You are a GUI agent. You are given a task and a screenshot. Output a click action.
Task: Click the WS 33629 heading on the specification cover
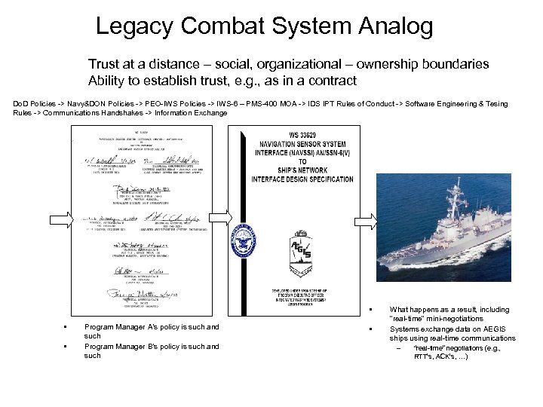301,133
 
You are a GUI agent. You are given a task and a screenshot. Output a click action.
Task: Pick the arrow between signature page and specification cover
221,218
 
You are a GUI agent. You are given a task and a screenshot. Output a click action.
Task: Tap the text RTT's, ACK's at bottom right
441,357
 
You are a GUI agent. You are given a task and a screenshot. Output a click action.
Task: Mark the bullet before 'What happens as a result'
373,310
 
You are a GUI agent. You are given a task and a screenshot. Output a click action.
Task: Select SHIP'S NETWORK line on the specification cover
302,170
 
